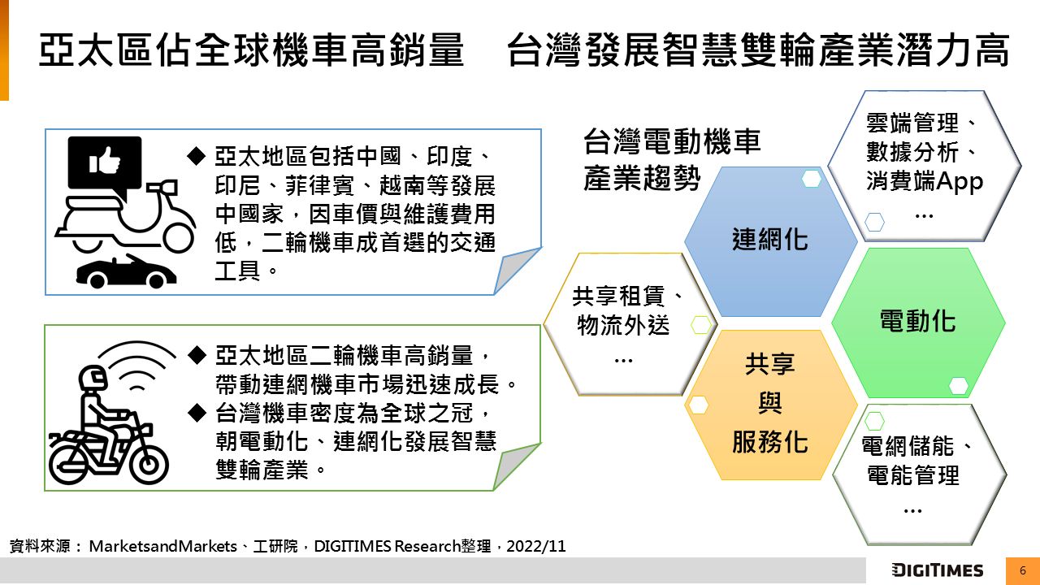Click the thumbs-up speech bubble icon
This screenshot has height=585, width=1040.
tap(105, 165)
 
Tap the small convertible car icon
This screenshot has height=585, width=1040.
tap(126, 271)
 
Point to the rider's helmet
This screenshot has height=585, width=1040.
tap(93, 378)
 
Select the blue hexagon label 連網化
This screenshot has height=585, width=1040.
tap(770, 240)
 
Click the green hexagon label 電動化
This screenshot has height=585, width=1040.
tap(918, 321)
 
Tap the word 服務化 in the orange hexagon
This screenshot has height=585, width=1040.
tap(770, 441)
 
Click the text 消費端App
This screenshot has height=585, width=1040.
tap(925, 181)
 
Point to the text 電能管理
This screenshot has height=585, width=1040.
tap(912, 475)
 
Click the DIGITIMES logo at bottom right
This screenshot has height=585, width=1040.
tap(937, 570)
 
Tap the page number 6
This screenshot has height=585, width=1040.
tap(1022, 570)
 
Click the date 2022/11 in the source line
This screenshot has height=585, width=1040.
tap(535, 546)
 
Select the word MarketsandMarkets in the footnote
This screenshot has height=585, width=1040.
tap(163, 546)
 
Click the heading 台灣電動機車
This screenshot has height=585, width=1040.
tap(672, 141)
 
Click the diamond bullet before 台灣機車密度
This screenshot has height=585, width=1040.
tap(197, 413)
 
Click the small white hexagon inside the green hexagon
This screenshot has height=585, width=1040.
tap(958, 385)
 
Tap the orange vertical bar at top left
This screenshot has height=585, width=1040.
tap(4, 50)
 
